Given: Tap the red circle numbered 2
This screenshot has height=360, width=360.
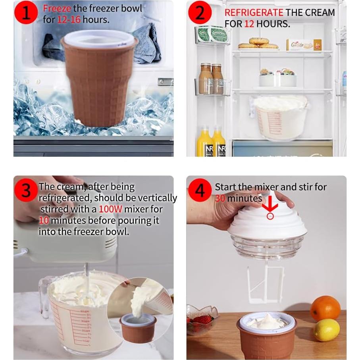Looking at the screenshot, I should [x=200, y=13].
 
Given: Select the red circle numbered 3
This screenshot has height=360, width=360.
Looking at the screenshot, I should [x=26, y=190].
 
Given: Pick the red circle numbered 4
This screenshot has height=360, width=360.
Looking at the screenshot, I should [x=200, y=190].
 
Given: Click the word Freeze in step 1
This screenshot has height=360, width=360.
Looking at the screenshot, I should [x=57, y=8].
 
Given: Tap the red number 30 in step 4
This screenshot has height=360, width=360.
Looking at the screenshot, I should [x=220, y=198].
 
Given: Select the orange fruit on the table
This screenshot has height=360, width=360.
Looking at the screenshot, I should [x=325, y=308].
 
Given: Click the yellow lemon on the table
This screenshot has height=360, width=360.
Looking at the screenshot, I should [x=327, y=330].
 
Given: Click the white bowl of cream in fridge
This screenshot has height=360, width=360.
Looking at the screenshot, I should [x=281, y=117].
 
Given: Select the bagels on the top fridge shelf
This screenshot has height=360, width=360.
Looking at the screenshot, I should [x=258, y=43].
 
